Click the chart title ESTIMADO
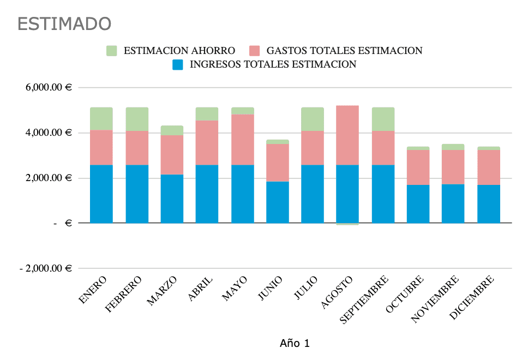[64, 24]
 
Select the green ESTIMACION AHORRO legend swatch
[112, 51]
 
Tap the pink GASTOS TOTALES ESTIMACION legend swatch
[255, 51]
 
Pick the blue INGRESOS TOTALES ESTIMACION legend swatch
[178, 64]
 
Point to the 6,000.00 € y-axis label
[49, 88]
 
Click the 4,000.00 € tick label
[49, 133]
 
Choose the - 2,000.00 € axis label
[45, 268]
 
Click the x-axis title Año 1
[295, 343]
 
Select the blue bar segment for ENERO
[101, 194]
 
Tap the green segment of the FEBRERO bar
[137, 119]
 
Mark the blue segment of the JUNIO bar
[277, 202]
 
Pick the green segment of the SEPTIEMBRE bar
[383, 119]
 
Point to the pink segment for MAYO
[242, 139]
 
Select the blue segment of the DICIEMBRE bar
[489, 203]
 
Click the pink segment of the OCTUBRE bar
[418, 167]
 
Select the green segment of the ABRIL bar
[207, 113]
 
